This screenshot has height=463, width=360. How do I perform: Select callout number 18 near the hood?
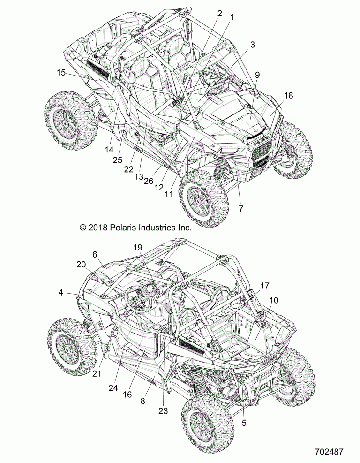click(289, 95)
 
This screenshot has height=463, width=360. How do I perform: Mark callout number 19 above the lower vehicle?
click(137, 247)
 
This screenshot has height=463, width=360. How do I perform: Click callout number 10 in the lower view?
click(274, 300)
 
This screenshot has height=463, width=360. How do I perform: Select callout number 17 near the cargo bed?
click(265, 285)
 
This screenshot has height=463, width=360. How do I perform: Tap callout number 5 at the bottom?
click(244, 422)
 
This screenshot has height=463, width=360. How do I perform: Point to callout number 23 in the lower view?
click(164, 411)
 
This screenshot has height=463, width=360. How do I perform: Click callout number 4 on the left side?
click(61, 292)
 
